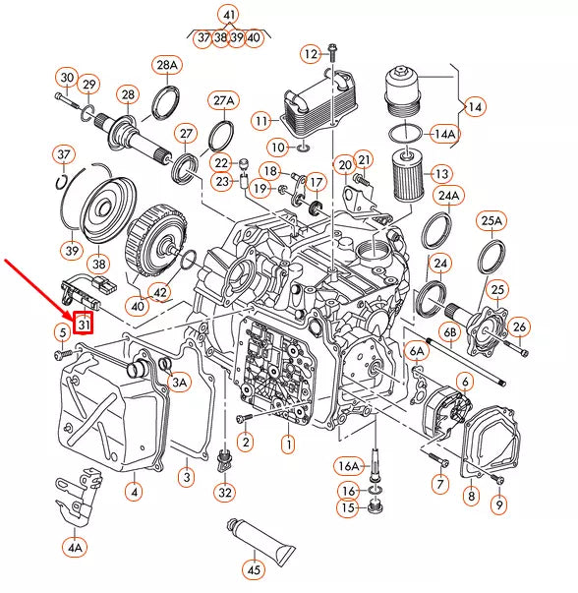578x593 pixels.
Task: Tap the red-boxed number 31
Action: point(84,321)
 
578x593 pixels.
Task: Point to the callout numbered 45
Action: point(255,567)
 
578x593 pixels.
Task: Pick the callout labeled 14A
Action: point(444,133)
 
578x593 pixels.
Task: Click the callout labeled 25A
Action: point(492,221)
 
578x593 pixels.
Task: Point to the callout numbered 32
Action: point(226,492)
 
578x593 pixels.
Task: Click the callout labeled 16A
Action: point(349,465)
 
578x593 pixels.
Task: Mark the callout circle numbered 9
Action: point(498,505)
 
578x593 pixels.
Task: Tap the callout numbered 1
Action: point(288,445)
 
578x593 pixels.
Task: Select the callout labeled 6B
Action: point(450,333)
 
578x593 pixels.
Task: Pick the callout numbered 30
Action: point(66,78)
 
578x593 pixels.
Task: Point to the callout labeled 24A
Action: point(448,196)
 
